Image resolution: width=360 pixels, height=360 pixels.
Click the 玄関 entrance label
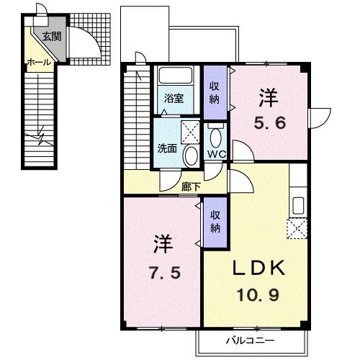coord(52,37)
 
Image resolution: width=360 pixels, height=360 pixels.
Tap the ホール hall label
coord(39,63)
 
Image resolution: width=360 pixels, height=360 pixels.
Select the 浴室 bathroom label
coord(174,99)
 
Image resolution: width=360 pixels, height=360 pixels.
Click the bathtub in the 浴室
coord(176,76)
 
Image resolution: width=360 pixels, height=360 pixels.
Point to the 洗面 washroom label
coord(167,148)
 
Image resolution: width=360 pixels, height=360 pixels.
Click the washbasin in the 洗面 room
coord(191,156)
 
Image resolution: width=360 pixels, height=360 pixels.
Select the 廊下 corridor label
coord(191,186)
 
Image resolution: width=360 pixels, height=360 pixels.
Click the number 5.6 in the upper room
coord(270,123)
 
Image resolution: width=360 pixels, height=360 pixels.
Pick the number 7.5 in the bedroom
coord(165,273)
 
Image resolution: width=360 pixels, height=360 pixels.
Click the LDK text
coord(259,267)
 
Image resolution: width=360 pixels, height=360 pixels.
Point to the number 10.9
coord(258,294)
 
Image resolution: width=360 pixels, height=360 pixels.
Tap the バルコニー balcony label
coord(251,341)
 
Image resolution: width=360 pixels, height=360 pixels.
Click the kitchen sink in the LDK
coord(298,206)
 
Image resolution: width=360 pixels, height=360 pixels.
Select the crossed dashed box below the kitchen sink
coord(297,228)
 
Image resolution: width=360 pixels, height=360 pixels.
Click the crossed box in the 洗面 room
coord(190,132)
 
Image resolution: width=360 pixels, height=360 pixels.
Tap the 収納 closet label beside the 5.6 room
coord(215,92)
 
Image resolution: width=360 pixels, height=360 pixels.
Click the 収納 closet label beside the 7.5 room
coord(215,222)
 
